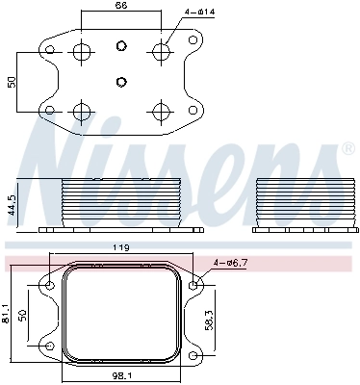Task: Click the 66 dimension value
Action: click(x=120, y=6)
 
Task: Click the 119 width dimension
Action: click(x=121, y=248)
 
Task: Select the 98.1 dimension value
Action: click(x=121, y=376)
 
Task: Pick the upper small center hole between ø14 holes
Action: click(x=120, y=46)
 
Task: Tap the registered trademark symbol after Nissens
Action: click(x=347, y=149)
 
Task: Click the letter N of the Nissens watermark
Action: click(x=72, y=154)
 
